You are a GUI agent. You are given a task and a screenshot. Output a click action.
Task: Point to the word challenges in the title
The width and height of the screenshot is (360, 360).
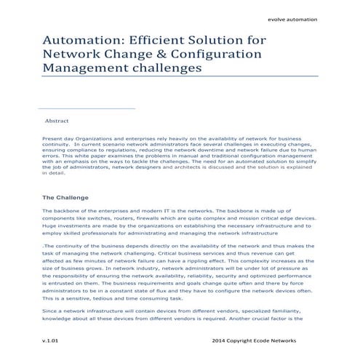(167, 70)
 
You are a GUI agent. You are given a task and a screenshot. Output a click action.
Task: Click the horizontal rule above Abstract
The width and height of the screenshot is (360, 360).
(88, 109)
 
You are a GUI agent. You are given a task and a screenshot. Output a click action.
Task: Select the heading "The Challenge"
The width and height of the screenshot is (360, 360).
(65, 197)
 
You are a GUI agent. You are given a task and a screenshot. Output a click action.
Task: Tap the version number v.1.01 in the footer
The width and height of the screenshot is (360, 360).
(51, 340)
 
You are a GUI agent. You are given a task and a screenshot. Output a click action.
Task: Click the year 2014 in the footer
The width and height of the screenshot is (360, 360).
(220, 340)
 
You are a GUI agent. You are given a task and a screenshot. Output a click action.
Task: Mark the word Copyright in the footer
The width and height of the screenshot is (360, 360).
(247, 340)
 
